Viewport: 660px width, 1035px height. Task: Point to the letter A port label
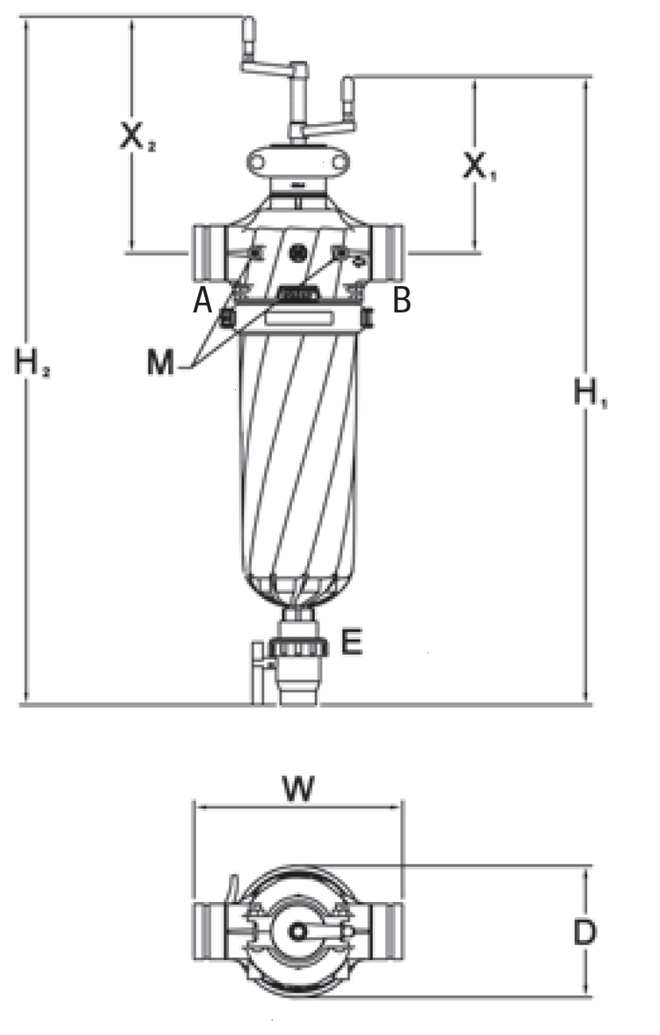coord(202,301)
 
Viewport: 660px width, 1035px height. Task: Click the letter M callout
coord(160,363)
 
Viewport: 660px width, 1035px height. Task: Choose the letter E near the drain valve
coord(352,642)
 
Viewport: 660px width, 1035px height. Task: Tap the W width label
coord(298,789)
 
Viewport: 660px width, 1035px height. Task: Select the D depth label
coord(584,932)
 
